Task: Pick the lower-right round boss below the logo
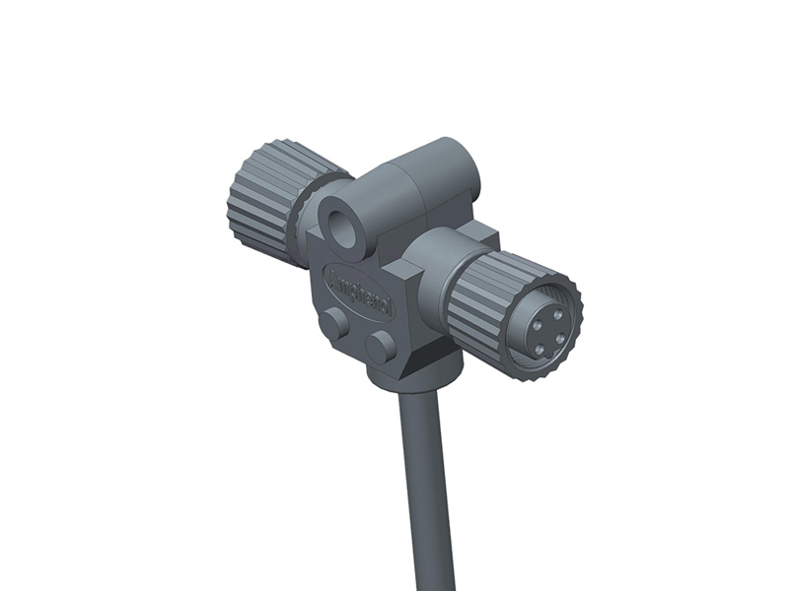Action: click(x=381, y=345)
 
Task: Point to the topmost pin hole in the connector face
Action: click(x=558, y=314)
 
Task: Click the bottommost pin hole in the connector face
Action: click(x=540, y=350)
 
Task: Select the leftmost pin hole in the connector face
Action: click(x=538, y=325)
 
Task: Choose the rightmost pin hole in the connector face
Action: click(x=560, y=338)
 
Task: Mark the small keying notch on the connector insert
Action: click(x=550, y=355)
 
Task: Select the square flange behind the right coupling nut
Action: click(x=483, y=236)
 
